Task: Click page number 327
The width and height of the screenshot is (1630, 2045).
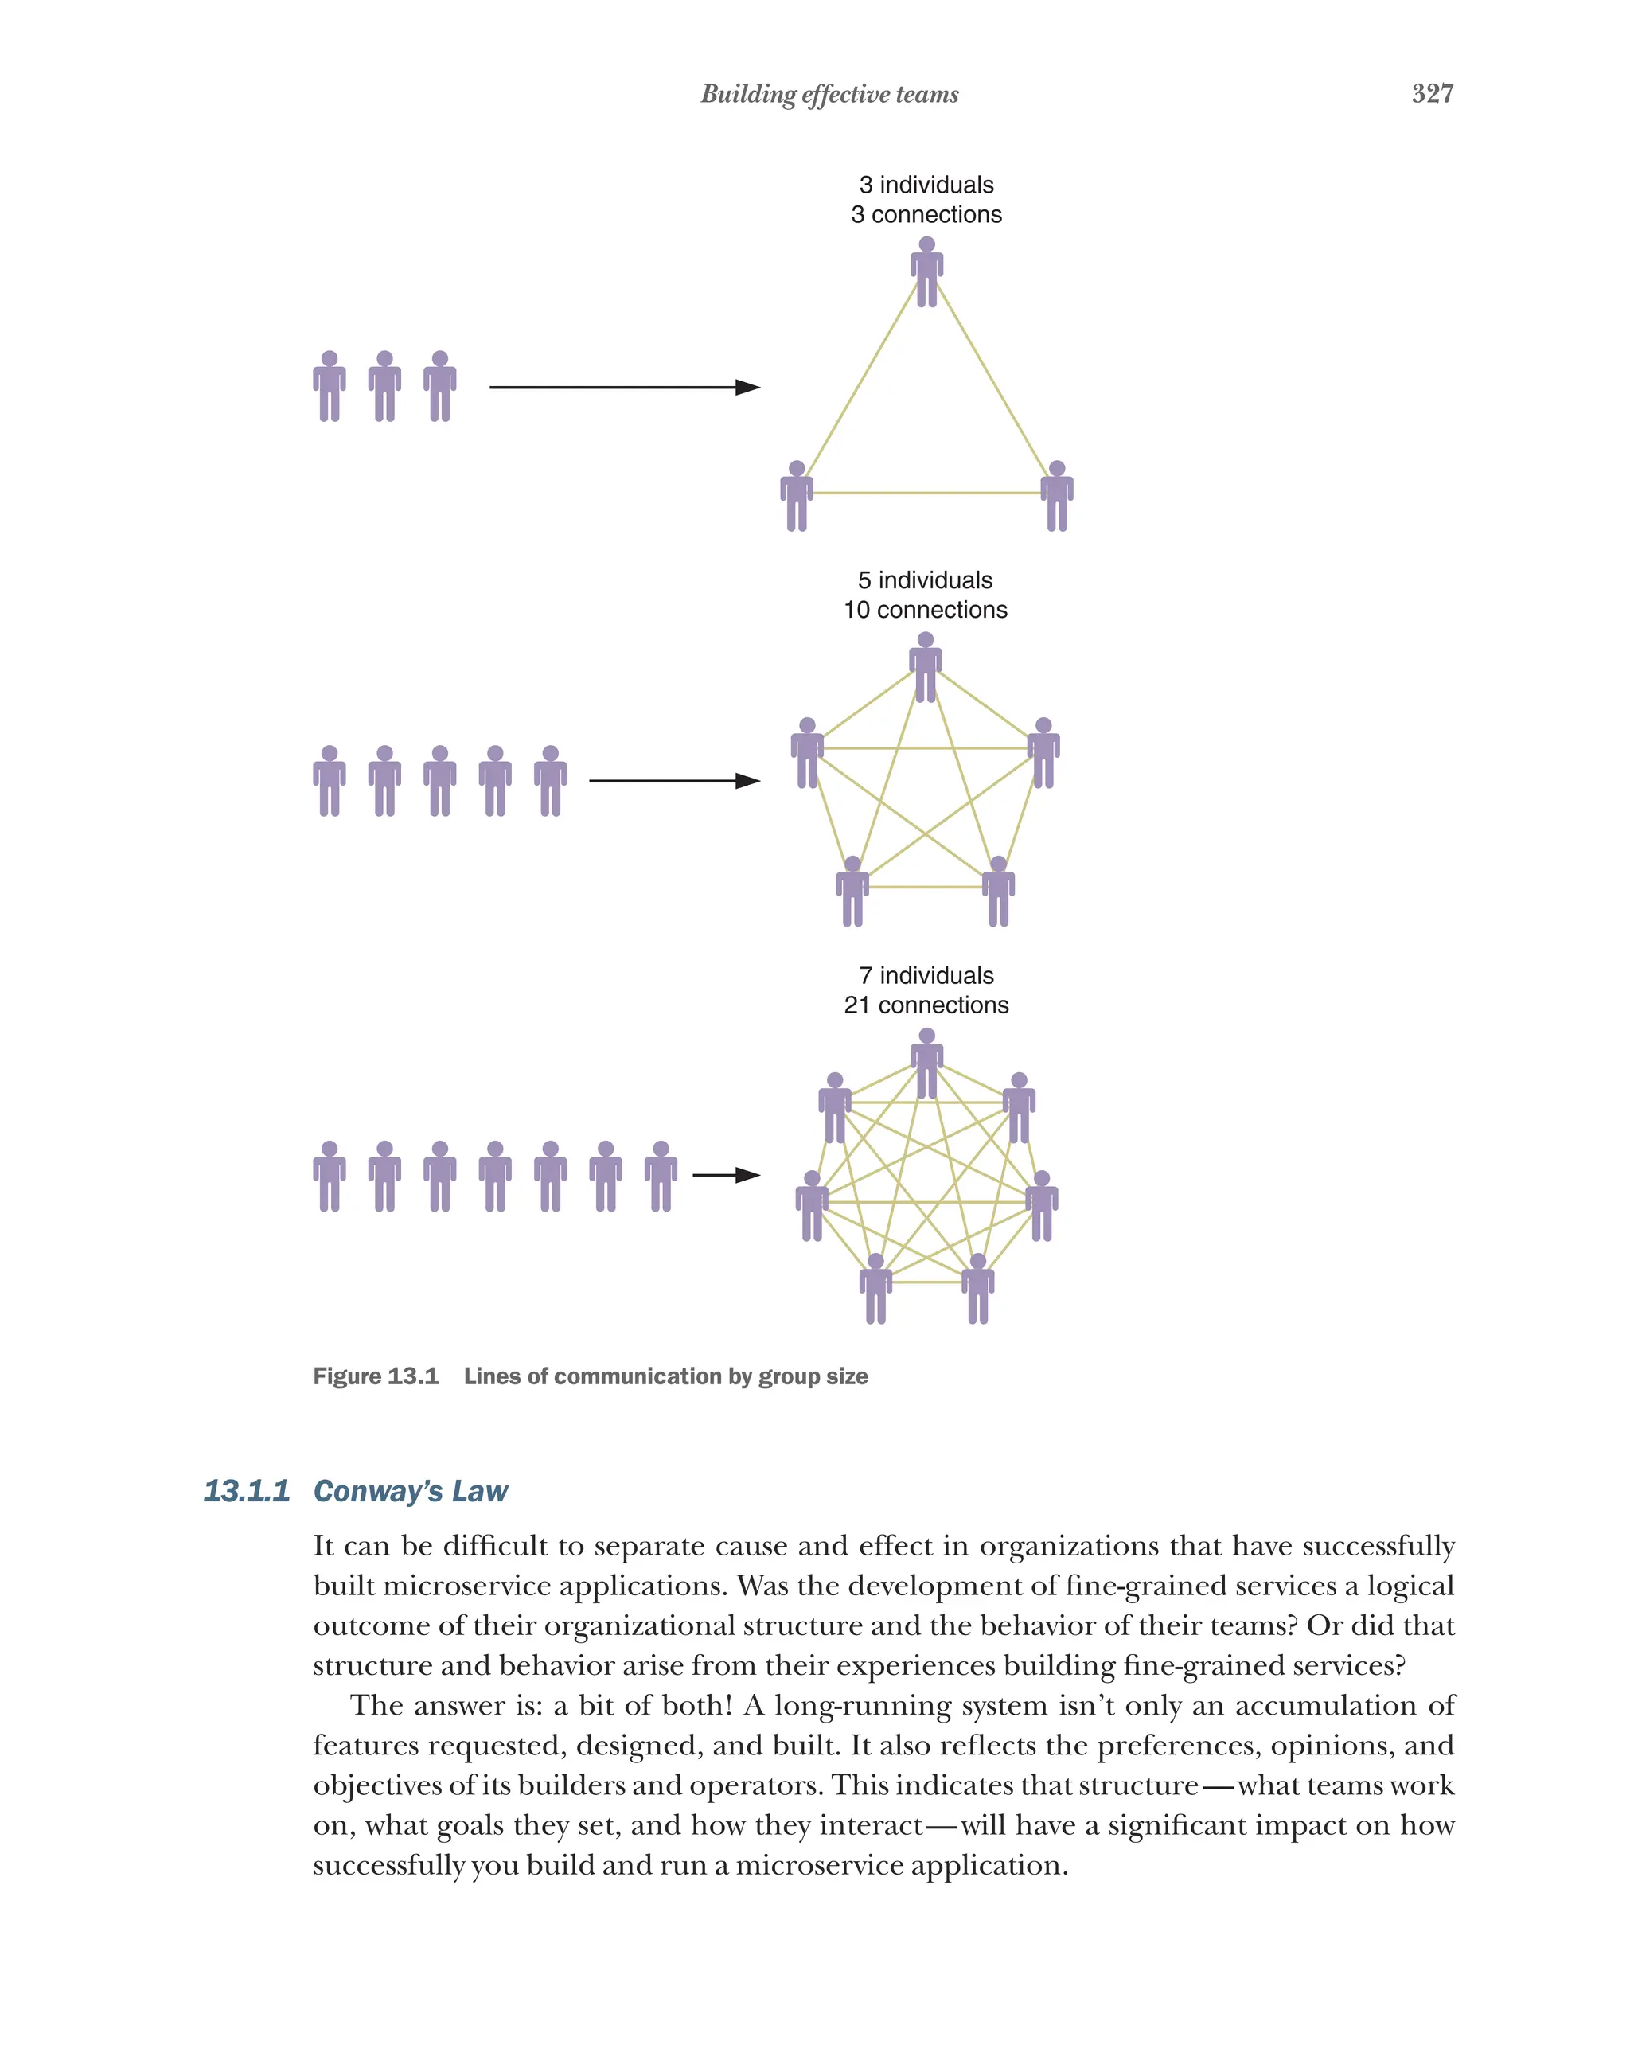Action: click(1431, 93)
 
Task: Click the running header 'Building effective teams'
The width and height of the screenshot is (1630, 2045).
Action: click(829, 94)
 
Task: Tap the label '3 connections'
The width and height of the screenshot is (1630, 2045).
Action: click(926, 214)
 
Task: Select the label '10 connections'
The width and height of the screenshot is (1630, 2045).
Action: click(925, 610)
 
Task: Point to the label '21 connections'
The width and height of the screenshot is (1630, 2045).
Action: click(926, 1005)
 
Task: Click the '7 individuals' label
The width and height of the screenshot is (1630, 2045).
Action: click(926, 975)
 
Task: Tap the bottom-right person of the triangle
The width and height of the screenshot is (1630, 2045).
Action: click(1056, 495)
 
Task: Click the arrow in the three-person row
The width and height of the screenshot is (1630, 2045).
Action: click(623, 387)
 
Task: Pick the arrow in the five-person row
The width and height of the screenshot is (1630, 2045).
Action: click(673, 781)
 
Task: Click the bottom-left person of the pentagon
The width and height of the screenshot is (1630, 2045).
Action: click(852, 891)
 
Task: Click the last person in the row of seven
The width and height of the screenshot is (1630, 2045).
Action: click(661, 1177)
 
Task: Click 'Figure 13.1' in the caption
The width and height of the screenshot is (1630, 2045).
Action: click(376, 1376)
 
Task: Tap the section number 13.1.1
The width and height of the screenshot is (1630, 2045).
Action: click(247, 1491)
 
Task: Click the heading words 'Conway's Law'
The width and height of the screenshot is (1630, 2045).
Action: click(411, 1491)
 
